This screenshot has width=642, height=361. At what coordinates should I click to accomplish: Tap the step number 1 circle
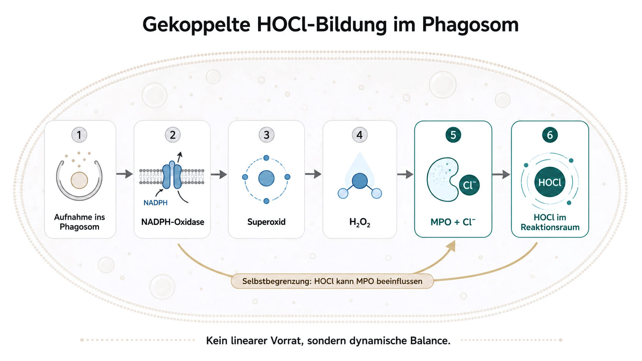(79, 135)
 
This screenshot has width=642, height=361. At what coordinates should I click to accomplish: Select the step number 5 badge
(453, 135)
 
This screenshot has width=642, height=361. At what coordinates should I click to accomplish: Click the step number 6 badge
(550, 135)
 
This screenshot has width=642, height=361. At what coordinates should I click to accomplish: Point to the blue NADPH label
(156, 203)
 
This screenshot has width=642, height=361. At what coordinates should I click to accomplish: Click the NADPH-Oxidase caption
(172, 222)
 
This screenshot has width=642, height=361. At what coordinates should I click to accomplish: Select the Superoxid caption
(266, 222)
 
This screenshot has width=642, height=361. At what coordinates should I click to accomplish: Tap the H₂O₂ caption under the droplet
(360, 222)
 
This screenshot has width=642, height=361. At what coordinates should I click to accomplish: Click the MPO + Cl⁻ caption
(453, 222)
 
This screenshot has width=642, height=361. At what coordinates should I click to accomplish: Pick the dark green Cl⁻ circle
(469, 185)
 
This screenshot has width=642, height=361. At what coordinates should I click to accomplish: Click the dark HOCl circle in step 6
(550, 182)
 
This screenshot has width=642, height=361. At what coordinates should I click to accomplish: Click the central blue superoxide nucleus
(266, 178)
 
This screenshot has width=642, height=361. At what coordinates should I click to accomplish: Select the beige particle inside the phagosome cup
(79, 180)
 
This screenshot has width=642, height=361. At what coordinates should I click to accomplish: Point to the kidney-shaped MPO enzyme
(440, 180)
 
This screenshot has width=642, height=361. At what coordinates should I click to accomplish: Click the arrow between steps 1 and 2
(125, 174)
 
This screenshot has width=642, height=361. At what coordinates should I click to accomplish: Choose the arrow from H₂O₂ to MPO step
(405, 174)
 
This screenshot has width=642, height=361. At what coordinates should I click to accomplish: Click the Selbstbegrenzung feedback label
(332, 281)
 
